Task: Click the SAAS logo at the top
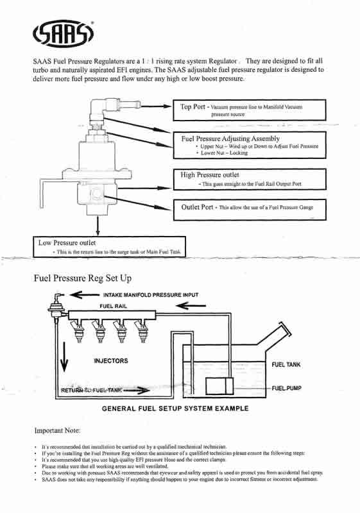63,33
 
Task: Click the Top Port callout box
250,110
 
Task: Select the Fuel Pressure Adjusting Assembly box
250,146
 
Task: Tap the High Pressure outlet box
250,179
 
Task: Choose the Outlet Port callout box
250,210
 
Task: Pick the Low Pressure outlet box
109,247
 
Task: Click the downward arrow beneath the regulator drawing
98,226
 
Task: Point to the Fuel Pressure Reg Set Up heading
83,278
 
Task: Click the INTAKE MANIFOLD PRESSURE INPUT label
151,295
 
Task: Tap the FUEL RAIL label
113,307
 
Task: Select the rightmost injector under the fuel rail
141,331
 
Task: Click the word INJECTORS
111,361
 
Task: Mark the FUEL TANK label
286,364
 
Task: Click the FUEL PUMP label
286,388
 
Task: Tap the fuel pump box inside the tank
219,386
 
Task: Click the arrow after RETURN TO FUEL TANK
137,390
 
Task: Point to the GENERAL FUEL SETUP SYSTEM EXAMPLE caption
175,408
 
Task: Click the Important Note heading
57,430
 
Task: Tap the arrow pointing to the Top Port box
156,106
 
